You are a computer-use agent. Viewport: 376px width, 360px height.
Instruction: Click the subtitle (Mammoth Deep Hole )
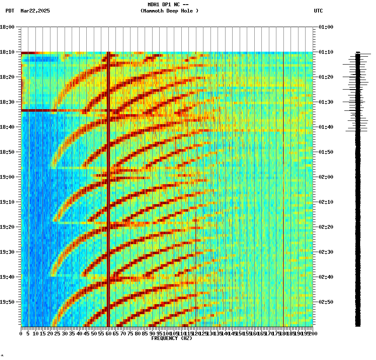click(x=169, y=11)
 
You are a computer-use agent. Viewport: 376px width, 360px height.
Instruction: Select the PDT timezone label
click(x=10, y=11)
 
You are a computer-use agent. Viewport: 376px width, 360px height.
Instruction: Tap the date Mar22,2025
click(x=35, y=11)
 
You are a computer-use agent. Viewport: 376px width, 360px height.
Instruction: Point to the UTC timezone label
click(x=318, y=11)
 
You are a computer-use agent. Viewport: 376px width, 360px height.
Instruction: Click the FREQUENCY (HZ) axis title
click(x=171, y=338)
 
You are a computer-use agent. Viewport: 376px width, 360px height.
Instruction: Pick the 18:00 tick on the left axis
click(x=8, y=27)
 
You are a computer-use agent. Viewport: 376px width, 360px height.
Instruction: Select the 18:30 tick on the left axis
click(x=8, y=102)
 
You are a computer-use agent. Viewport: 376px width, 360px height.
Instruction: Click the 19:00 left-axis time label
click(x=8, y=177)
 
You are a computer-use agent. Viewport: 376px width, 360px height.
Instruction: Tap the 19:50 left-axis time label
click(x=8, y=302)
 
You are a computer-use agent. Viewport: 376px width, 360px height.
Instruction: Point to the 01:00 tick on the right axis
click(x=326, y=27)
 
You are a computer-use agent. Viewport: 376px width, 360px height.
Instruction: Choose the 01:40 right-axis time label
click(x=326, y=127)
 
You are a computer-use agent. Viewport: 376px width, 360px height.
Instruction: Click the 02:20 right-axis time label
click(x=326, y=227)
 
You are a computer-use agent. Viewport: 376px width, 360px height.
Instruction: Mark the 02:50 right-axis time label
click(x=326, y=302)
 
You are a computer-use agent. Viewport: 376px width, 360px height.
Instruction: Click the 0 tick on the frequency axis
click(x=21, y=334)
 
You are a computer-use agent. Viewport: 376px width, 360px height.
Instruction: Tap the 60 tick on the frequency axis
click(x=109, y=334)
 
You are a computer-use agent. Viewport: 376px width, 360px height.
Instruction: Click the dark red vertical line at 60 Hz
click(x=108, y=187)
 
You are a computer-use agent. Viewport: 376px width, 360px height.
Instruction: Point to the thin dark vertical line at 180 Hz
click(x=283, y=187)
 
